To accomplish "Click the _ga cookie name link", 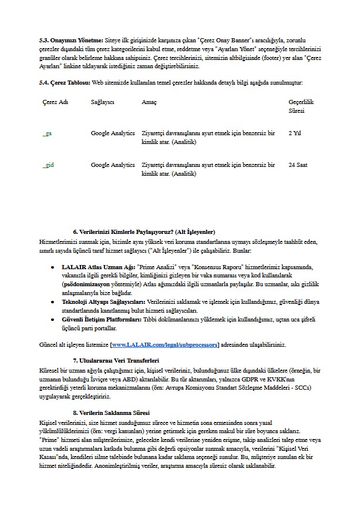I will tap(47, 133).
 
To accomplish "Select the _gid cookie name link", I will tap(48, 165).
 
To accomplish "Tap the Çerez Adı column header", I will tap(55, 102).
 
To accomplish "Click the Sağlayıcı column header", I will tap(102, 102).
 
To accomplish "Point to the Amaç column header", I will tap(149, 102).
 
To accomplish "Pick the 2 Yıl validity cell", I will tap(295, 133).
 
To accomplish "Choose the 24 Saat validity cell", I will tap(298, 165).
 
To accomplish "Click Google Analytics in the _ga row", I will tap(113, 133).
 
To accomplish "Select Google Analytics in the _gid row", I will tap(113, 165).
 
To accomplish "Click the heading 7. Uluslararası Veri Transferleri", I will tap(116, 360).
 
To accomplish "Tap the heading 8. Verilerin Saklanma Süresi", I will tap(112, 413).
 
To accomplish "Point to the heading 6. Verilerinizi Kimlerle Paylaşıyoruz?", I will tap(144, 232).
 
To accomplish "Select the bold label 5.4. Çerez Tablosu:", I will tap(65, 82).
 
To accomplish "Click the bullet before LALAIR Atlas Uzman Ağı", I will tap(53, 267).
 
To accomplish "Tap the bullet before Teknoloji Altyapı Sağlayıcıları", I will tap(53, 301).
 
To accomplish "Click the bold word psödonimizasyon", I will tap(88, 284).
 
